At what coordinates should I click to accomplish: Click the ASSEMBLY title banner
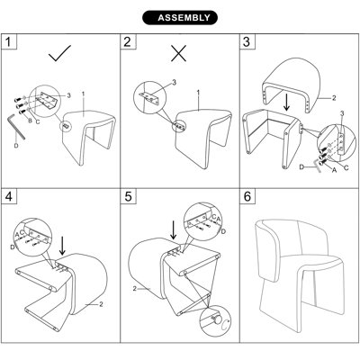click(180, 18)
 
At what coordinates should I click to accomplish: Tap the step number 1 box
click(9, 41)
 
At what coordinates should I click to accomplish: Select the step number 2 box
click(128, 41)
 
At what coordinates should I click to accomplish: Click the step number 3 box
click(247, 41)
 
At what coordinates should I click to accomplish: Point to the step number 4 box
click(9, 196)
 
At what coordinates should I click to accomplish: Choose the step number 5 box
click(128, 196)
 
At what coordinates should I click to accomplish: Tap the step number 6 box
click(247, 196)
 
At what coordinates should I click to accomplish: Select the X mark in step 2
click(179, 53)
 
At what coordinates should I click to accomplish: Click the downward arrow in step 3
click(287, 103)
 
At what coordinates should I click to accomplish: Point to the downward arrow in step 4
click(62, 246)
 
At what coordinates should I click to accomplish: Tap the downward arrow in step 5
click(173, 231)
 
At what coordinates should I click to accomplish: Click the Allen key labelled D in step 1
click(15, 126)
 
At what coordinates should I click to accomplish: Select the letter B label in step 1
click(30, 121)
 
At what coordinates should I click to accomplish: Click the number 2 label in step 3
click(334, 98)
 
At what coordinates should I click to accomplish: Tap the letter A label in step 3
click(334, 170)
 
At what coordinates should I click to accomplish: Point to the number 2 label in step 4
click(101, 304)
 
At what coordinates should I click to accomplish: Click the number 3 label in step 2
click(174, 82)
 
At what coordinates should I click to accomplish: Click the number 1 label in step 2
click(198, 93)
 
